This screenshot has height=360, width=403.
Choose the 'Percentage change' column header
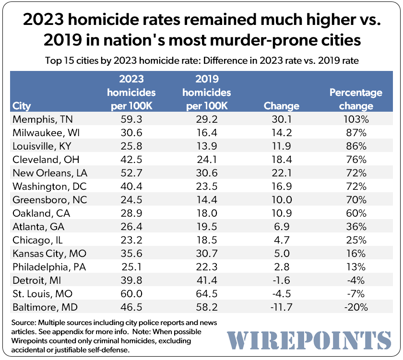point(356,99)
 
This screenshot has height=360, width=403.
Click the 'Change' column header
point(282,106)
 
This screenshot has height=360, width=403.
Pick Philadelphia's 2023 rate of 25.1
point(131,266)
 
